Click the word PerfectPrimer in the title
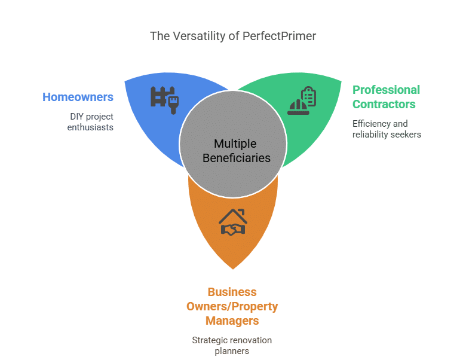(x=279, y=36)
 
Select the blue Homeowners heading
(x=78, y=97)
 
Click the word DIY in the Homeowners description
(x=77, y=116)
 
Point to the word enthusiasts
(x=90, y=127)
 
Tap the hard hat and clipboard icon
(x=302, y=99)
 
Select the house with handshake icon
(x=233, y=222)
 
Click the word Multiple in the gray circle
(x=235, y=144)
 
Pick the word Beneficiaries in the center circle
(x=236, y=158)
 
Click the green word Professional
(x=386, y=90)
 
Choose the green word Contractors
(x=384, y=104)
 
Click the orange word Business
(x=232, y=292)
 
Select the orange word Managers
(x=232, y=321)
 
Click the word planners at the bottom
(x=232, y=351)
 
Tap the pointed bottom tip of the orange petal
(x=233, y=268)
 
